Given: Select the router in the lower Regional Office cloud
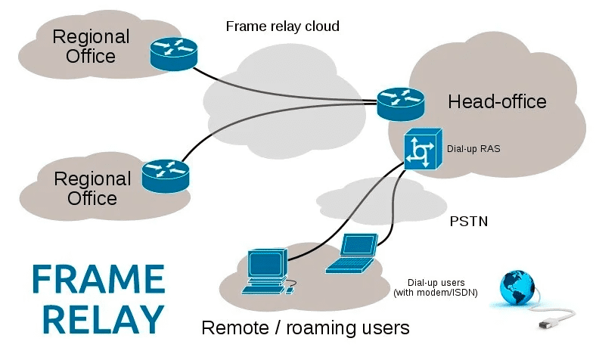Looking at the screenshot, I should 166,173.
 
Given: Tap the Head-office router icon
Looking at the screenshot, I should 401,102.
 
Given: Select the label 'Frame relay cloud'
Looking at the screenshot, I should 282,26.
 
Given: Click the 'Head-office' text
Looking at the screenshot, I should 497,101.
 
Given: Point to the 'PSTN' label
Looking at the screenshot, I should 467,222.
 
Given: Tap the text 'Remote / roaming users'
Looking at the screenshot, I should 305,327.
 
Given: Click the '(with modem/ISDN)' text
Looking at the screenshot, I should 435,292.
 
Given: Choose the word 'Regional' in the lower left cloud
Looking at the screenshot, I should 92,179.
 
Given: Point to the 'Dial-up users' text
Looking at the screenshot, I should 435,282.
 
